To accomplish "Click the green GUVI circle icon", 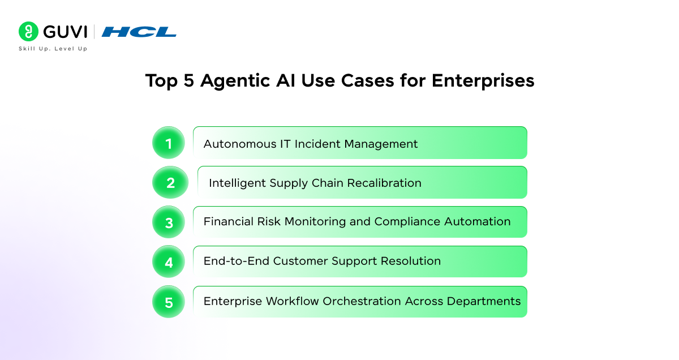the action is pyautogui.click(x=28, y=31).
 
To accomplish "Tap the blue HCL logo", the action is pyautogui.click(x=139, y=32).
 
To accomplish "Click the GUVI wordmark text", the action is pyautogui.click(x=65, y=32).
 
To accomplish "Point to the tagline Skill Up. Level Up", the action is pyautogui.click(x=53, y=49).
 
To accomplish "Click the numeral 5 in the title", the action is pyautogui.click(x=188, y=81).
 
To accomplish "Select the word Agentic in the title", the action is pyautogui.click(x=235, y=82).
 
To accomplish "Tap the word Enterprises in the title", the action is pyautogui.click(x=483, y=82).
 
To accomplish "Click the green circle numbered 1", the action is pyautogui.click(x=169, y=143).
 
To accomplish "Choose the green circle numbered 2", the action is pyautogui.click(x=170, y=182).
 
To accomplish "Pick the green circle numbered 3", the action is pyautogui.click(x=169, y=222).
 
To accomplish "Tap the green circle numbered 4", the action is pyautogui.click(x=169, y=262).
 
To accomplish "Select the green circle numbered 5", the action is pyautogui.click(x=169, y=302).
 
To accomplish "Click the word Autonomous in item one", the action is pyautogui.click(x=240, y=144).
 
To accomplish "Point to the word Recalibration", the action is pyautogui.click(x=384, y=183).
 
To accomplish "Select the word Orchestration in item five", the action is pyautogui.click(x=362, y=301).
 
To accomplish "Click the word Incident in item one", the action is pyautogui.click(x=317, y=144).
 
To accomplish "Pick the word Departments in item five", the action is pyautogui.click(x=483, y=302).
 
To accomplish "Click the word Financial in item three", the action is pyautogui.click(x=228, y=221).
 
